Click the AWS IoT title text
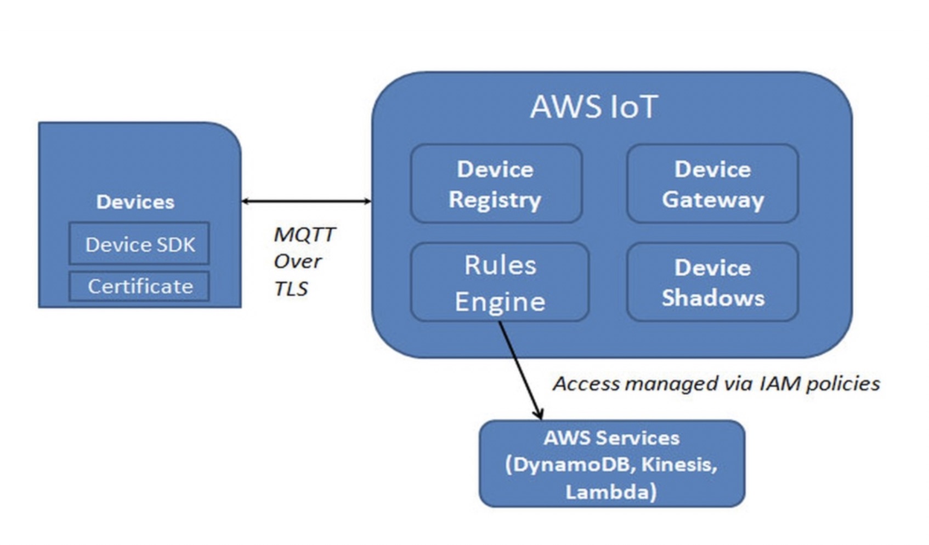[x=594, y=107]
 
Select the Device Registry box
[x=496, y=184]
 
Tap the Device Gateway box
[x=712, y=184]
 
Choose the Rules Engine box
[x=500, y=283]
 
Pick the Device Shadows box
[x=712, y=283]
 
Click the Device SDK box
[x=139, y=244]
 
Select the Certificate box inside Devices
[x=139, y=286]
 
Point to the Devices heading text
[x=135, y=202]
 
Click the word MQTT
[x=304, y=235]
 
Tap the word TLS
[x=291, y=289]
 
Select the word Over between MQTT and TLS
[x=297, y=262]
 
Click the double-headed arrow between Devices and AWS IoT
[x=306, y=201]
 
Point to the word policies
[x=843, y=383]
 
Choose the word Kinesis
[x=678, y=464]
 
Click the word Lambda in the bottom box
[x=608, y=492]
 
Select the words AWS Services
[x=611, y=438]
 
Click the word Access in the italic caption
[x=586, y=383]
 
